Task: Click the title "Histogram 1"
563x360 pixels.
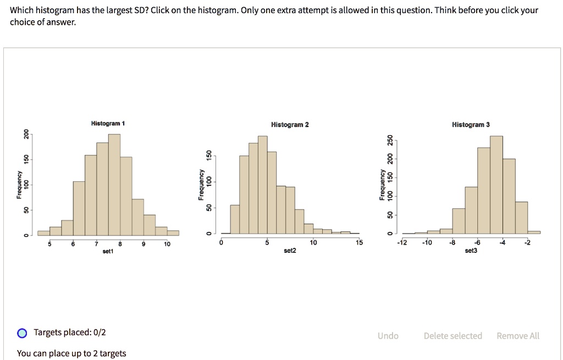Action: tap(108, 124)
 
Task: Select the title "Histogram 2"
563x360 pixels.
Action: tap(290, 125)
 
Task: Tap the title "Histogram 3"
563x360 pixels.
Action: tap(471, 125)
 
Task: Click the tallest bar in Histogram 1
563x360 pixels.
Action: tap(114, 184)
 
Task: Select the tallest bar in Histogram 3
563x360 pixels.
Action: tap(496, 184)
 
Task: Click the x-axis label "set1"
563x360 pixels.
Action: tap(108, 251)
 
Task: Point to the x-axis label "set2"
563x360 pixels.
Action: tap(290, 251)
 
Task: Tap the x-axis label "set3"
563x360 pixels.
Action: tap(471, 251)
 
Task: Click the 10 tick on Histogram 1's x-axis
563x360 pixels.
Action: tap(167, 244)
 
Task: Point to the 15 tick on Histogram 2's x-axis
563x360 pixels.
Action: tap(359, 243)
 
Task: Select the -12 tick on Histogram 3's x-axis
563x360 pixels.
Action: tap(402, 243)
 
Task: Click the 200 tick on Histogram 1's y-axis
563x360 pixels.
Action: tap(25, 134)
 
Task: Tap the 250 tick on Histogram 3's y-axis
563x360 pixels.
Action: tap(390, 140)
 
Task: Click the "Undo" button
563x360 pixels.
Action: tap(388, 336)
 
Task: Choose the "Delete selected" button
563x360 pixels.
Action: tap(452, 336)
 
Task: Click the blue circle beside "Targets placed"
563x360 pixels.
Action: tap(22, 333)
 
